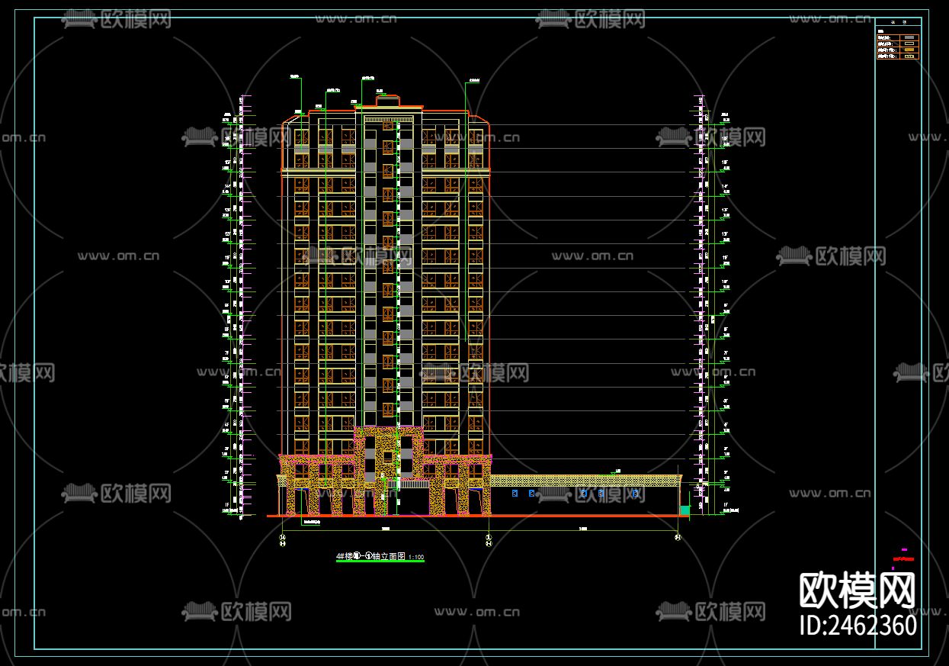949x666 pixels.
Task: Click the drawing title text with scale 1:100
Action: (380, 556)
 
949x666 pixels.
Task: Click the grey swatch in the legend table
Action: (909, 37)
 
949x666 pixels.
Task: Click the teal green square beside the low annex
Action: (684, 509)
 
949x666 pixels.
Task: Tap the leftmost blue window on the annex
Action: (515, 494)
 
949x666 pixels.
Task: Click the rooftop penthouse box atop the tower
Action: (387, 101)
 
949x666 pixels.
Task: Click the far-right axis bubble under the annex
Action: (678, 538)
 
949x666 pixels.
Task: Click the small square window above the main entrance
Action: (387, 457)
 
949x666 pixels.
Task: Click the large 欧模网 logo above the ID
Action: (857, 589)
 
